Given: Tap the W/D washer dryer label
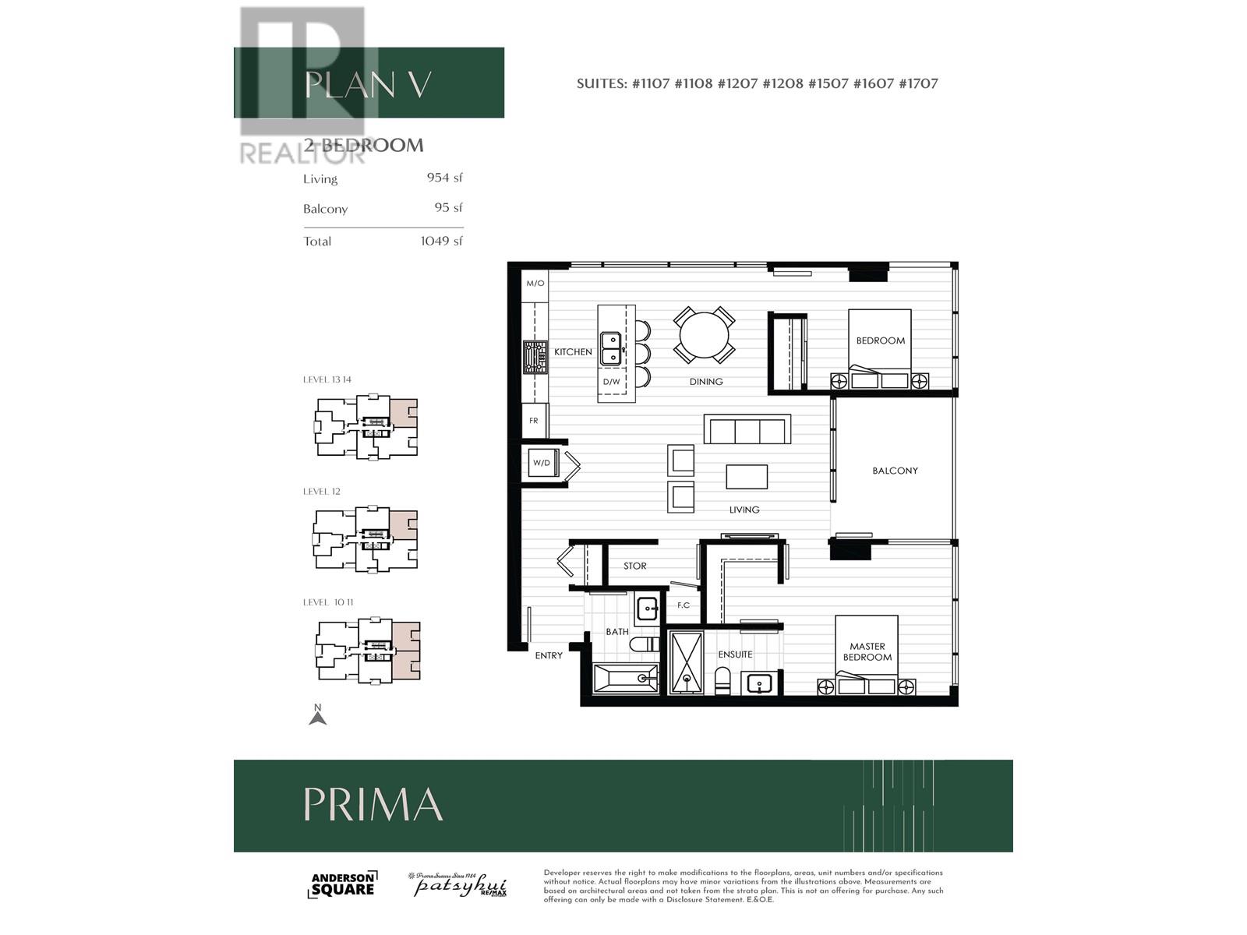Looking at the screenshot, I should point(541,463).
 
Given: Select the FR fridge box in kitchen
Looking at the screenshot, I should point(534,421).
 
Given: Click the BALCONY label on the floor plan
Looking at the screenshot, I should point(895,471).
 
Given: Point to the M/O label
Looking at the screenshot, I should point(535,284).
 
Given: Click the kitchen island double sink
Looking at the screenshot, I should point(610,348).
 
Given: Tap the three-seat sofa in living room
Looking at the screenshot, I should point(747,429).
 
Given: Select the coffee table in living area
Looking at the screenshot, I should point(747,477).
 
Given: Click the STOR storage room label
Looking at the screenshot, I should point(634,566).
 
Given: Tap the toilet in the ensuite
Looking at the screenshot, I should point(723,680).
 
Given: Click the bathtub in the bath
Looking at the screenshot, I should point(625,679).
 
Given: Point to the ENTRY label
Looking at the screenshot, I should point(549,656).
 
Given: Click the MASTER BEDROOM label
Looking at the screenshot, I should point(867,651).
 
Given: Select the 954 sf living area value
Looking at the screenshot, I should point(444,178).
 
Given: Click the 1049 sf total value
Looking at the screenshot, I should point(441,241).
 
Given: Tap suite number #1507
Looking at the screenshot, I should point(828,83).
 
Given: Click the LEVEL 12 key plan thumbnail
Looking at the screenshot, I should point(366,539).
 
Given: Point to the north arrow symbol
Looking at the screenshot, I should point(317,715).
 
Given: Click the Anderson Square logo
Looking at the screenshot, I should point(343,884).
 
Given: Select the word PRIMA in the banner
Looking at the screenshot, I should point(373,804).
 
